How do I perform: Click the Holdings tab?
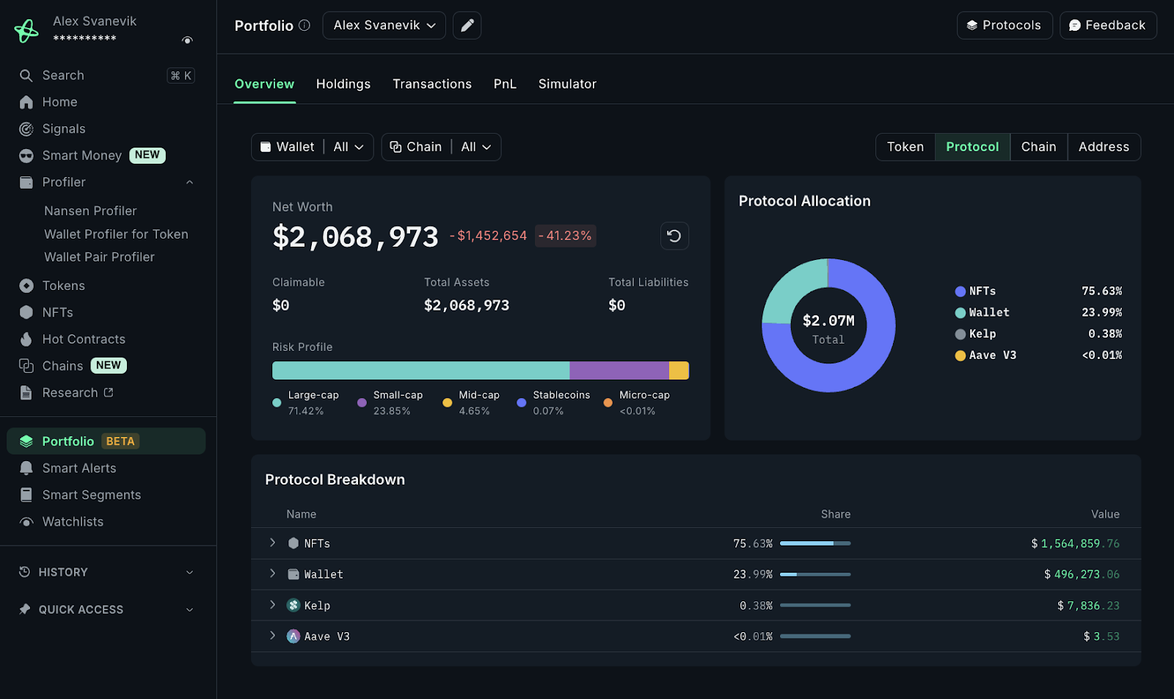point(343,84)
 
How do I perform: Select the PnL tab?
point(505,84)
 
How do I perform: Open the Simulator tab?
point(567,84)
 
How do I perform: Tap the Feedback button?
point(1108,26)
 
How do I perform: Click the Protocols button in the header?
point(1005,26)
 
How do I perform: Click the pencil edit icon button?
point(467,26)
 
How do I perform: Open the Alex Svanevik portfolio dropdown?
point(384,26)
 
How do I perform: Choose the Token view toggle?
point(905,147)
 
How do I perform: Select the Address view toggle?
point(1104,147)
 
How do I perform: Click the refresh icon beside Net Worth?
point(674,236)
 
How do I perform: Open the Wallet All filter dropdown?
point(312,147)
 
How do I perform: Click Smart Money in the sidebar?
point(82,156)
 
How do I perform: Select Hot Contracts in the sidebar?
point(84,339)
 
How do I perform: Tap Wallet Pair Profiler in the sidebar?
point(99,257)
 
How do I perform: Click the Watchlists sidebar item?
point(73,522)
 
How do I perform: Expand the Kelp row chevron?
point(273,605)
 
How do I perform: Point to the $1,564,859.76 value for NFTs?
point(1075,544)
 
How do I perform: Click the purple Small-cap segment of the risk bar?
point(619,371)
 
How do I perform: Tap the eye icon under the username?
point(187,40)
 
